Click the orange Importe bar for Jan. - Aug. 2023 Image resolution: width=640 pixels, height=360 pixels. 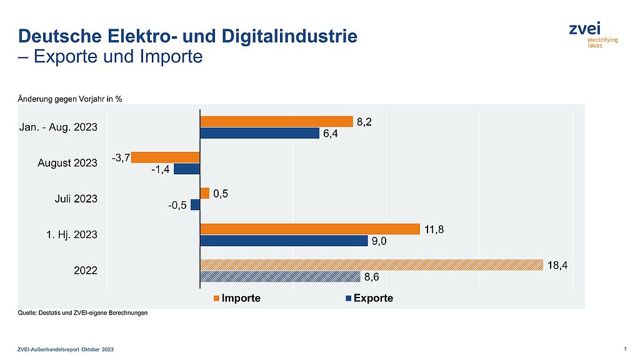276,122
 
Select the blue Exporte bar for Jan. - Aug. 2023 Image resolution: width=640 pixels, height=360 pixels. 259,133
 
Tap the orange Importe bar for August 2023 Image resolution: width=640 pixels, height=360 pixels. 166,157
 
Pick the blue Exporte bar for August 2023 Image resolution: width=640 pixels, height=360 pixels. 187,169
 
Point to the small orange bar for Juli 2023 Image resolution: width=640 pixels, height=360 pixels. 204,194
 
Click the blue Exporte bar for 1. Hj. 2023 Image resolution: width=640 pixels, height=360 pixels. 284,241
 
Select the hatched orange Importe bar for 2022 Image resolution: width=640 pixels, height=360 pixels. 371,265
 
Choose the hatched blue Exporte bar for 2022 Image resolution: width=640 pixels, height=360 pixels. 280,276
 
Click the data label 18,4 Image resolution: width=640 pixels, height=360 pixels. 558,265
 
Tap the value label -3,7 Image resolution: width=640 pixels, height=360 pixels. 121,157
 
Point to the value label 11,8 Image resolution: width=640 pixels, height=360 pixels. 435,229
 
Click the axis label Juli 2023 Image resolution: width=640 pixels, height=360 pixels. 77,199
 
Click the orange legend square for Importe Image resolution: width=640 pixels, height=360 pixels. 217,299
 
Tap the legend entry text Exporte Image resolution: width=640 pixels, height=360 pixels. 374,298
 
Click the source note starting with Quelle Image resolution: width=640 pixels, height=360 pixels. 82,313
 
